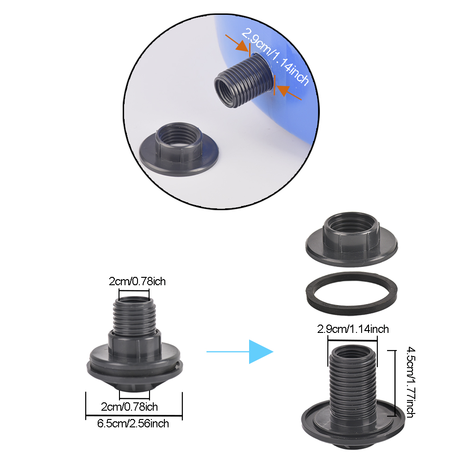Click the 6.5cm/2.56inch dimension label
pyautogui.click(x=133, y=423)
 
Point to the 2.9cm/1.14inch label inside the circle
pyautogui.click(x=275, y=57)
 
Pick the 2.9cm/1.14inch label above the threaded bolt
pyautogui.click(x=353, y=329)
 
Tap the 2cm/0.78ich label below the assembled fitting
pyautogui.click(x=130, y=407)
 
